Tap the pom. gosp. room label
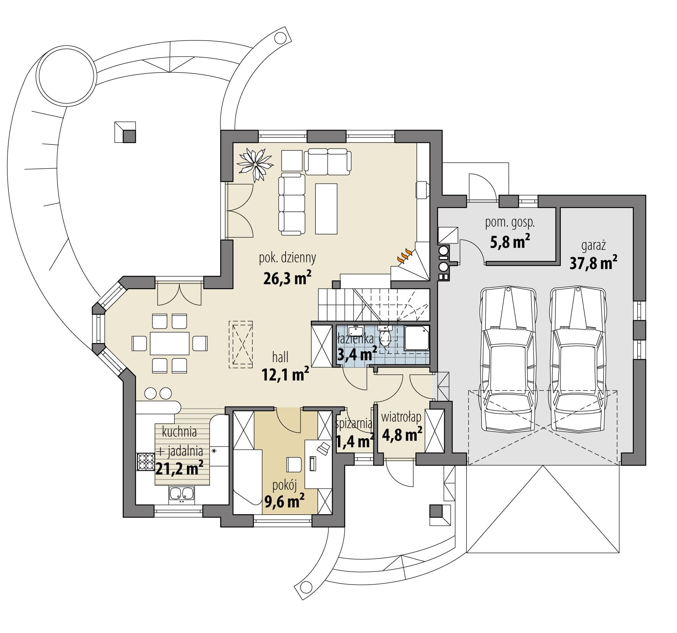point(510,223)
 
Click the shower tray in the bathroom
point(417,338)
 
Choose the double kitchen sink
point(181,494)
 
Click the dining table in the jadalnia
point(170,343)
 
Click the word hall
point(280,358)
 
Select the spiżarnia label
point(353,423)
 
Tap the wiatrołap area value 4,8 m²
point(402,434)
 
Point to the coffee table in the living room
point(326,208)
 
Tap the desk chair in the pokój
point(294,465)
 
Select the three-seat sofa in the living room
point(292,204)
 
